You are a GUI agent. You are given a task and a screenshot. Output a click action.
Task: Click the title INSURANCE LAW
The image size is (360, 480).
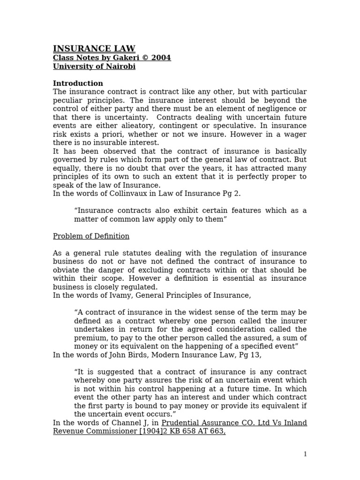[x=94, y=49]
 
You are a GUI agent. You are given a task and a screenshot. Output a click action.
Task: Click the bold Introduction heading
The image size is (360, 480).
[x=78, y=83]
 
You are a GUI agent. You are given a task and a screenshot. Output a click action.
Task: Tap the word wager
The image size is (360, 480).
[x=295, y=134]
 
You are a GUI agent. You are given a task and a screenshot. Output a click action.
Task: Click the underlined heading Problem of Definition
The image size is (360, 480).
[x=91, y=236]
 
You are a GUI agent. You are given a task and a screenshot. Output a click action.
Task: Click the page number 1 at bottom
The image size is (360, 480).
[x=305, y=454]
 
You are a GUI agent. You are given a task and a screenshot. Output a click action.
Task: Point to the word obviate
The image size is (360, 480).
[x=66, y=270]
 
